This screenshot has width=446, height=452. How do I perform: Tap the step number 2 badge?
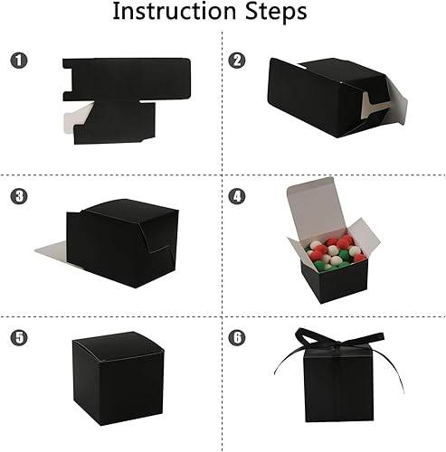(x=237, y=61)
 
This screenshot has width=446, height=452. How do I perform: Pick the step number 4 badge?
(x=237, y=195)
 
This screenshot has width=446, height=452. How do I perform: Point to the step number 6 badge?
(x=237, y=338)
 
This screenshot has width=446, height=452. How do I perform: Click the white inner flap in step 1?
(x=78, y=115)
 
